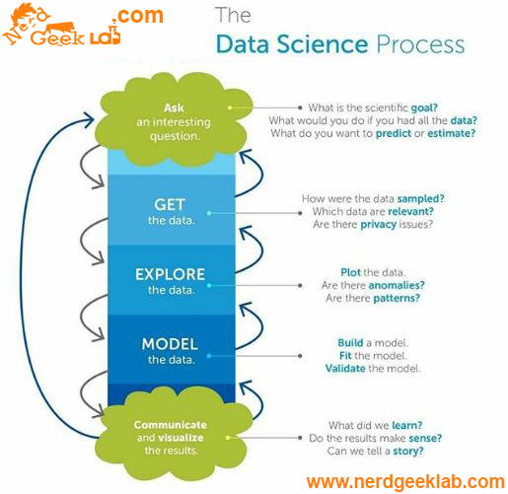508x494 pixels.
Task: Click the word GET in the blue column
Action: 170,204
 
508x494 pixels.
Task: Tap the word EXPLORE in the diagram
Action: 170,274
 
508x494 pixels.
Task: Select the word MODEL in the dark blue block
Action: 170,344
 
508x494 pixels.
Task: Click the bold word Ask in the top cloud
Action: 174,107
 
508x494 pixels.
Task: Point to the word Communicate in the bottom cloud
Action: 171,425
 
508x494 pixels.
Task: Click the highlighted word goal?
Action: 424,107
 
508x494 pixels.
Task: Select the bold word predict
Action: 394,133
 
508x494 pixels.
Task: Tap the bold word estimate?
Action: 452,133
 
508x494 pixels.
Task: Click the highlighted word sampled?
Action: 420,199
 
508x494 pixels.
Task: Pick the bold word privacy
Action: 379,225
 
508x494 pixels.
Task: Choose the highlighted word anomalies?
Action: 397,285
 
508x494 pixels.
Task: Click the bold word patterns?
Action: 397,298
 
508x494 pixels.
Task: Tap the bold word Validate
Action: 345,368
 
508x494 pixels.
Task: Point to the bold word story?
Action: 408,451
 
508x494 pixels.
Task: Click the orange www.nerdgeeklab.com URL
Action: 405,482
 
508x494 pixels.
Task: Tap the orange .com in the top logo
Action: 138,16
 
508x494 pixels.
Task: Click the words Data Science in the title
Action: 292,44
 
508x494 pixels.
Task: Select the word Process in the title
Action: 420,44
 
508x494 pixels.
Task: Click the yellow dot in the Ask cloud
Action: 230,107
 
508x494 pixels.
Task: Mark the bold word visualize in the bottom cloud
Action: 181,438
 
